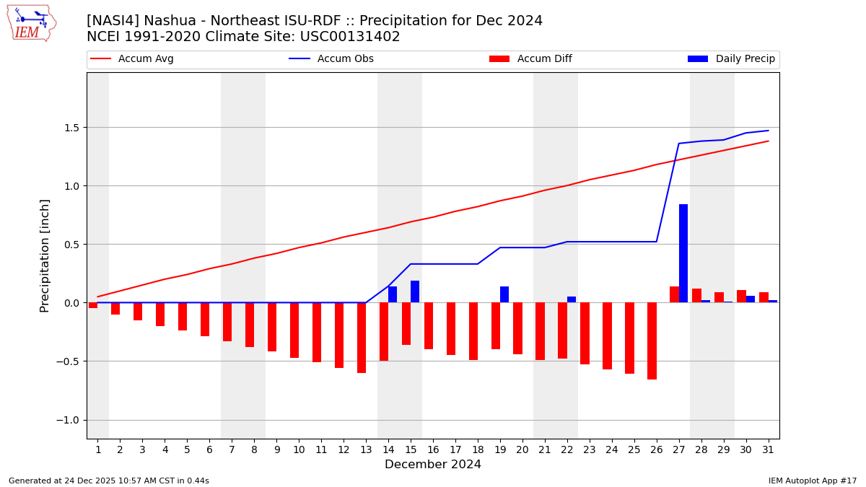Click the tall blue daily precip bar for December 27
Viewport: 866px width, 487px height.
pyautogui.click(x=683, y=253)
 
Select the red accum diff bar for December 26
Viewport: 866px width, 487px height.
pyautogui.click(x=652, y=341)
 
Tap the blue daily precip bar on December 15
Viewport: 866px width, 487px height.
pyautogui.click(x=415, y=291)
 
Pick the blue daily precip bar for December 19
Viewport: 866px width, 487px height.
pyautogui.click(x=504, y=294)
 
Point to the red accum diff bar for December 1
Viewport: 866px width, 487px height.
pyautogui.click(x=93, y=305)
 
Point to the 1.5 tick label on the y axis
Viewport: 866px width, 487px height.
pyautogui.click(x=70, y=128)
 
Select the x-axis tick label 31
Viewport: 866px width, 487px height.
pyautogui.click(x=768, y=449)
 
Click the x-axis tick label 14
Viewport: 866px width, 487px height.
pyautogui.click(x=388, y=449)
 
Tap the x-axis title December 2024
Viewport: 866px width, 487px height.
pyautogui.click(x=433, y=465)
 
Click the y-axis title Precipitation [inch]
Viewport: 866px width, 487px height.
pyautogui.click(x=45, y=255)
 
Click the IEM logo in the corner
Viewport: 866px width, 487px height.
pyautogui.click(x=31, y=23)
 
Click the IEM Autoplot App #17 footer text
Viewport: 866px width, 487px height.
pyautogui.click(x=813, y=481)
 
